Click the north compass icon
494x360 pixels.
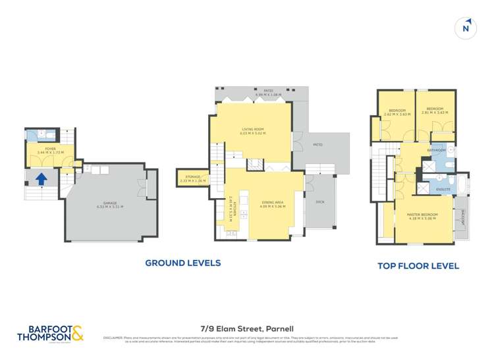point(466,27)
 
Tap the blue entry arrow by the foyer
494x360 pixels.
point(41,177)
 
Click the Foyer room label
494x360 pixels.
point(43,149)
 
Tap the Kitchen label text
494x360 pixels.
point(232,208)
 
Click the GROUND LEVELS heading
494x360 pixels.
point(182,263)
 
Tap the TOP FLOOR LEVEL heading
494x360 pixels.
point(418,267)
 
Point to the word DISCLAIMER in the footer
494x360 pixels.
point(113,338)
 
